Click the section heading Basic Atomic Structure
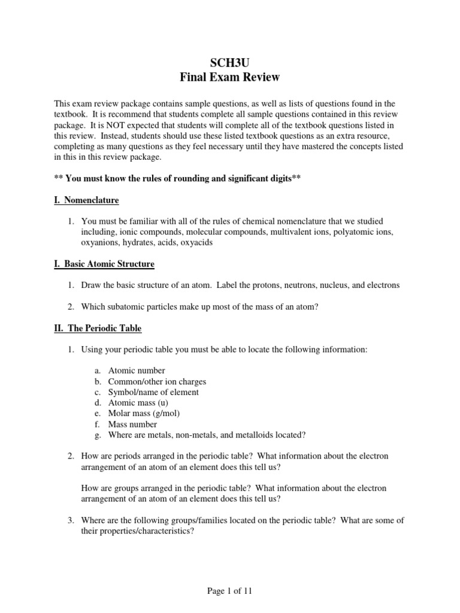coord(105,263)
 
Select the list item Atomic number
coord(137,371)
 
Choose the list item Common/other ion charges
coord(157,381)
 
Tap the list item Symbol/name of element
coord(153,392)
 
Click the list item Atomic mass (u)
coord(138,403)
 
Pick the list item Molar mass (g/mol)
coord(144,414)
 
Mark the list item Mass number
coord(132,424)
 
